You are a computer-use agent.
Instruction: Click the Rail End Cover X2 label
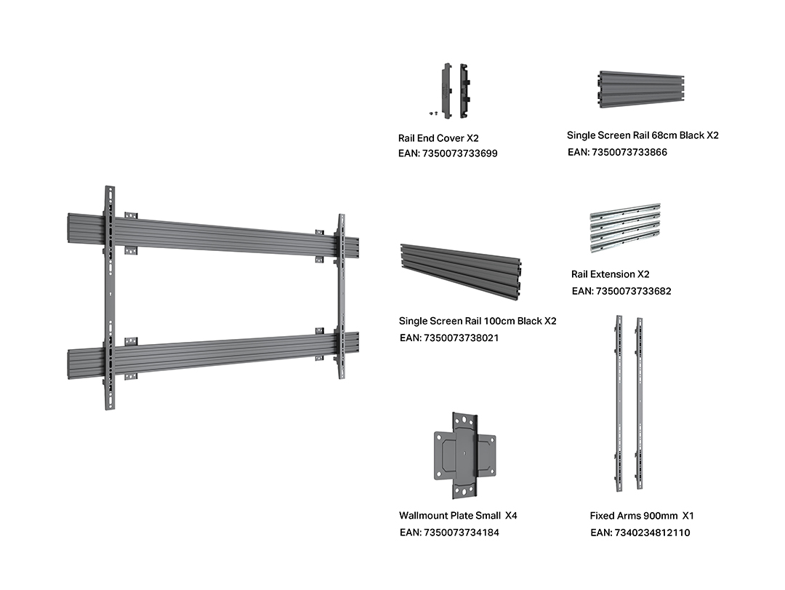pos(438,137)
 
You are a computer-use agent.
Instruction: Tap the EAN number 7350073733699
pos(448,154)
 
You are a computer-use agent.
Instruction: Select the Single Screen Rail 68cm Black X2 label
pos(643,135)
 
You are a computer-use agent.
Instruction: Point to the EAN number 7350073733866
pos(617,152)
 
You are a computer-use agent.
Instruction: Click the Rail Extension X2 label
pos(611,274)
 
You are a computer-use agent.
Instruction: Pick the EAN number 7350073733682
pos(621,291)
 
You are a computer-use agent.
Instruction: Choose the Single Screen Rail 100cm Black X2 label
pos(478,321)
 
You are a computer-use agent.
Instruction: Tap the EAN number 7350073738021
pos(449,338)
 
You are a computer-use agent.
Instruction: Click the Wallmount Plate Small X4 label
pos(458,515)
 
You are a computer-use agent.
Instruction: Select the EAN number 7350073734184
pos(449,533)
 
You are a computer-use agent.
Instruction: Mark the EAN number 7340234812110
pos(640,533)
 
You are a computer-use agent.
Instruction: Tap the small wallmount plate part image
pos(464,456)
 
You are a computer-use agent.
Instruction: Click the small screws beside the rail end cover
pos(434,113)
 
